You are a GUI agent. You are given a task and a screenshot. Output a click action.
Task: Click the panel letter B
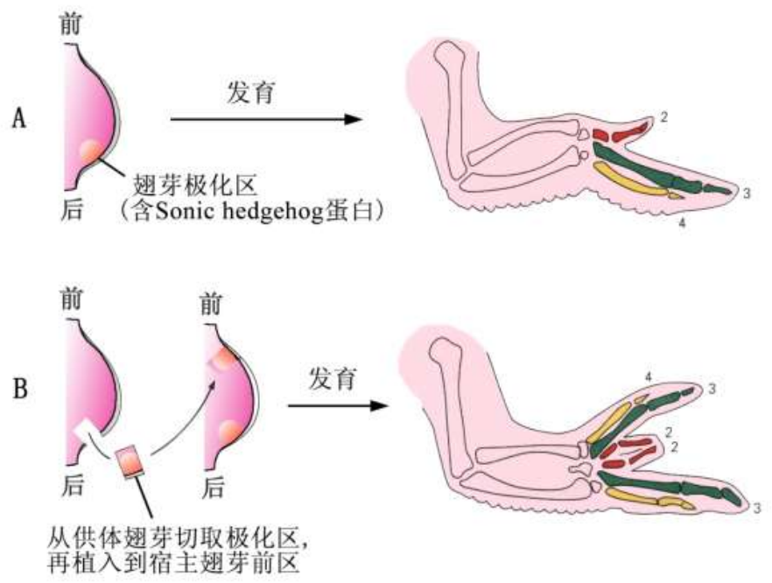(18, 388)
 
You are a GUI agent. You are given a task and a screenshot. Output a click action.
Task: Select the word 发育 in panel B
(333, 380)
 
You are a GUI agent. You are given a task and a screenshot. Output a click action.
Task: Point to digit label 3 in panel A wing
(746, 193)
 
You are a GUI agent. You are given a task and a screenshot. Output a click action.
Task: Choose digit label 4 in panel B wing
(648, 377)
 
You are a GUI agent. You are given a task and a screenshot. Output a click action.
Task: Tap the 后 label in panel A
(73, 209)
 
